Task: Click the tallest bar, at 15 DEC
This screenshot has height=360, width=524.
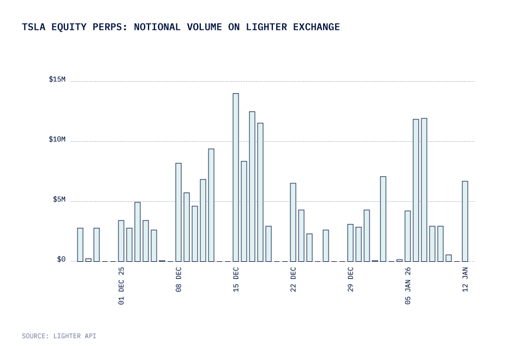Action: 236,177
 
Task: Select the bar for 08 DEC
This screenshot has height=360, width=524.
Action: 178,212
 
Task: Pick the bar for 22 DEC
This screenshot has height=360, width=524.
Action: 293,222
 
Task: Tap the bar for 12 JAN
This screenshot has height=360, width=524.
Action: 465,221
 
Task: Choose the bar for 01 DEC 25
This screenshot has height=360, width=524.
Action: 121,241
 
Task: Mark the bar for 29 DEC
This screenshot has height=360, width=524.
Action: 350,243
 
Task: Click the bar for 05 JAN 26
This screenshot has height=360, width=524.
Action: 408,236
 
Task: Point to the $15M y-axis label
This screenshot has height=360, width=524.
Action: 57,80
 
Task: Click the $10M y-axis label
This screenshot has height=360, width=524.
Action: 57,140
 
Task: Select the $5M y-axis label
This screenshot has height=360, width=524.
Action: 59,200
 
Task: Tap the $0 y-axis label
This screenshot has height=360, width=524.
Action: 61,260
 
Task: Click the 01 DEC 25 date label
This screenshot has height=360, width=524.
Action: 121,285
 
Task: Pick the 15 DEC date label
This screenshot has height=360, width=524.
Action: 236,279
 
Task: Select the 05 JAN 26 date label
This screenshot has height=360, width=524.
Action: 408,285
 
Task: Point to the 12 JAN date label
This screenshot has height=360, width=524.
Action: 465,279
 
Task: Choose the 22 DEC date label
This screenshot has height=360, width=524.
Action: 293,279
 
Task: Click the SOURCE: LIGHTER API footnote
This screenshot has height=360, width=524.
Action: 59,336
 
